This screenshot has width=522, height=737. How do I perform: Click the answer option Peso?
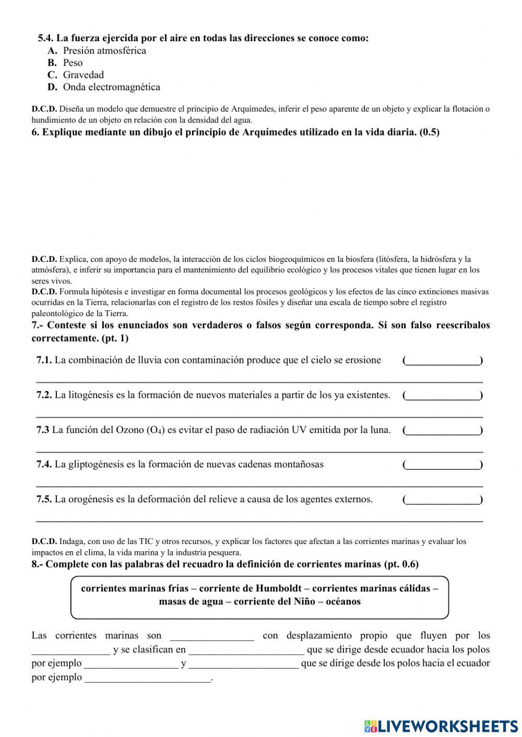click(73, 63)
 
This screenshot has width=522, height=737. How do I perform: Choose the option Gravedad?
click(83, 75)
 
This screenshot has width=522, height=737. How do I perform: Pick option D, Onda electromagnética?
click(111, 87)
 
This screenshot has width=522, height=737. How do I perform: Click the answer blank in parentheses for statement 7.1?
click(443, 360)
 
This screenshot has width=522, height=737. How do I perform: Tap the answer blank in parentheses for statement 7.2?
click(443, 395)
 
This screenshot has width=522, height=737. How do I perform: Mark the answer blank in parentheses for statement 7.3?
click(443, 430)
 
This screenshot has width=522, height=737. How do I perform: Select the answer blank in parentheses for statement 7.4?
click(443, 465)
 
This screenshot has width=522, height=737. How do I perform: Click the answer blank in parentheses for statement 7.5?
click(443, 500)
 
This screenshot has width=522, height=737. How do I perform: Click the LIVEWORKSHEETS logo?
click(441, 726)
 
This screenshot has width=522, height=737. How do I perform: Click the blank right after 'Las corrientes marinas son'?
click(212, 636)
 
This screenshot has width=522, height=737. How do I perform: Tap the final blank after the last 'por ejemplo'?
click(148, 678)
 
